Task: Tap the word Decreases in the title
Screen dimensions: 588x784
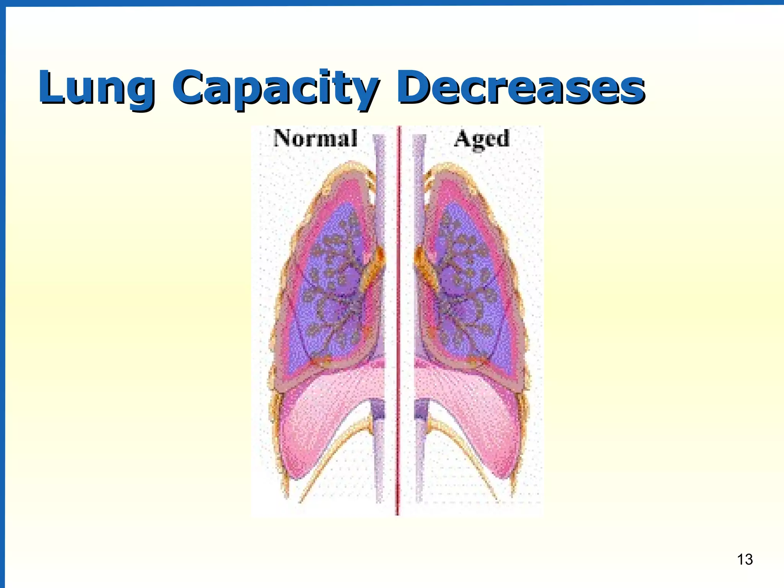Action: pyautogui.click(x=521, y=87)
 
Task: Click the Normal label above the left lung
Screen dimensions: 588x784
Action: pyautogui.click(x=315, y=138)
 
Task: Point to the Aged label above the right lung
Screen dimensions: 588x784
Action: pyautogui.click(x=482, y=139)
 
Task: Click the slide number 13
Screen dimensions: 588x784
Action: pyautogui.click(x=745, y=559)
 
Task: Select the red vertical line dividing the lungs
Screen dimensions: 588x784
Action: pyautogui.click(x=399, y=322)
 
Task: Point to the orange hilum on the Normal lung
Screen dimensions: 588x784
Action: pyautogui.click(x=373, y=268)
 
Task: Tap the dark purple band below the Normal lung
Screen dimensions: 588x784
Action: pyautogui.click(x=379, y=410)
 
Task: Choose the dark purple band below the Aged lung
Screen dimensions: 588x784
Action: pyautogui.click(x=421, y=410)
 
